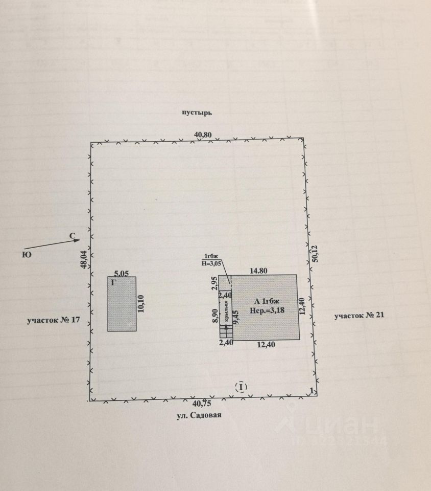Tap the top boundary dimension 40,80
pyautogui.click(x=202, y=135)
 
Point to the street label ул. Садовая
pyautogui.click(x=199, y=416)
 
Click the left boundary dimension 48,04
pyautogui.click(x=84, y=259)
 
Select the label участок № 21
pyautogui.click(x=358, y=316)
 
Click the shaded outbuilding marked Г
pyautogui.click(x=122, y=307)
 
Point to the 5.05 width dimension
pyautogui.click(x=121, y=274)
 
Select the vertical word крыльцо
pyautogui.click(x=226, y=313)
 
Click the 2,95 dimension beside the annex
pyautogui.click(x=215, y=282)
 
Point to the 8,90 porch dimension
pyautogui.click(x=215, y=315)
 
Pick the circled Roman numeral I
pyautogui.click(x=241, y=387)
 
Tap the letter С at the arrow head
pyautogui.click(x=73, y=236)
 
